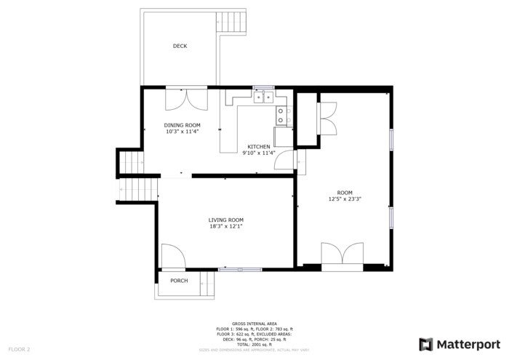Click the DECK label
coord(180,46)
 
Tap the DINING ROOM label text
coord(182,125)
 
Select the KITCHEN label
coord(259,146)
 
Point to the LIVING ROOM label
coord(225,220)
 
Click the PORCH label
coord(179,281)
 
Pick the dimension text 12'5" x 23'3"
coord(345,199)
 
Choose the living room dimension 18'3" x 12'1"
coord(225,226)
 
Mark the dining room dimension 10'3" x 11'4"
coord(182,132)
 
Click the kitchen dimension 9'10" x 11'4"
coord(260,153)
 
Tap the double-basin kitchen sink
coord(263,96)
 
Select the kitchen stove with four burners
coord(283,114)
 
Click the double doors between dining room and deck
coord(186,99)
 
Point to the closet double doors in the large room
coord(326,119)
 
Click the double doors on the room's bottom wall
coord(342,256)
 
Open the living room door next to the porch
coord(172,256)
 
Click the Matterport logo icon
coord(428,344)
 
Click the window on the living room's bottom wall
coord(240,270)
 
